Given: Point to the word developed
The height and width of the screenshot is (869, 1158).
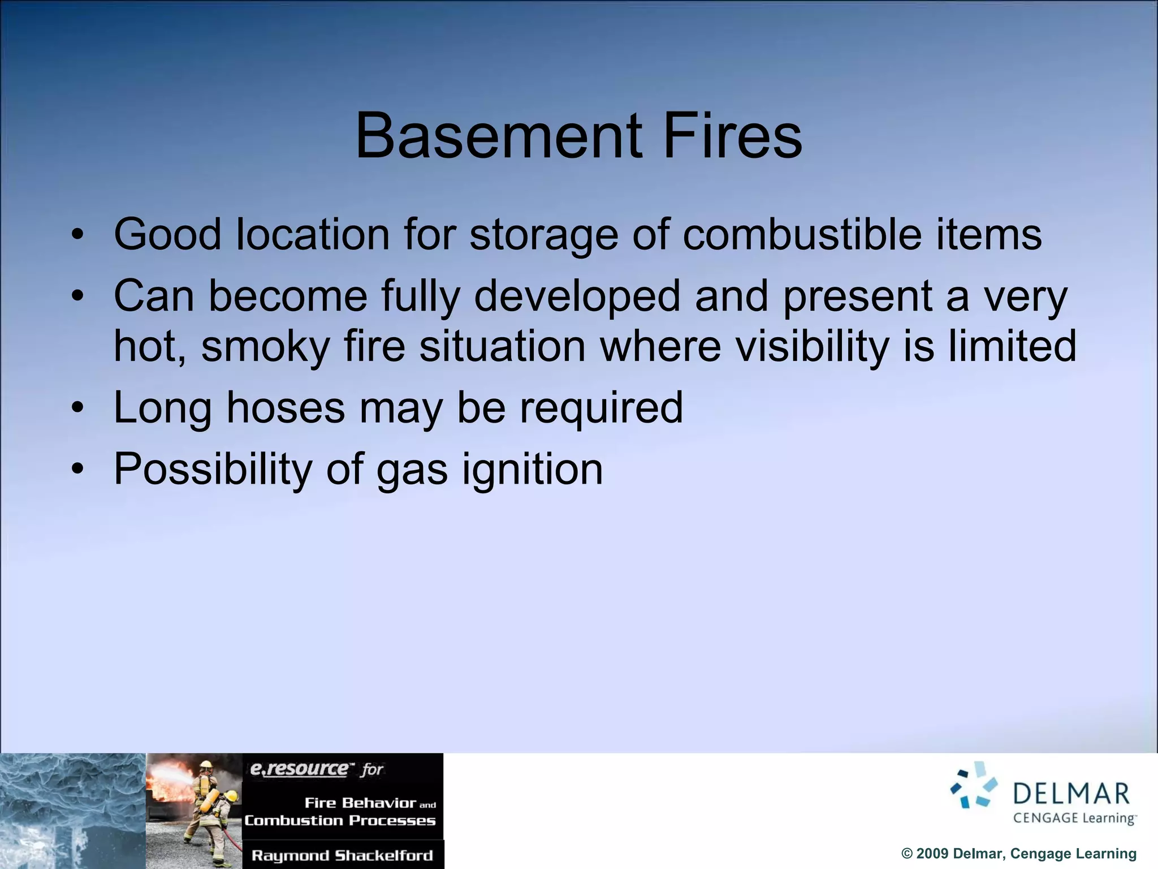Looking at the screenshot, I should point(577,296).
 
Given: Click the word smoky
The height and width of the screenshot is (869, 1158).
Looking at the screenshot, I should point(265,346).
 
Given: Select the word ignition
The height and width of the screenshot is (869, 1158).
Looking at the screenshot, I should point(532,470).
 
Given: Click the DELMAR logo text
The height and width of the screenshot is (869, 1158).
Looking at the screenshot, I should point(1071,794).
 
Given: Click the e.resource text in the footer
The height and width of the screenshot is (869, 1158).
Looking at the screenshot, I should point(299,769).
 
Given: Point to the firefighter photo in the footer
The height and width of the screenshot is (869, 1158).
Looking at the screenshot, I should point(194,810).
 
